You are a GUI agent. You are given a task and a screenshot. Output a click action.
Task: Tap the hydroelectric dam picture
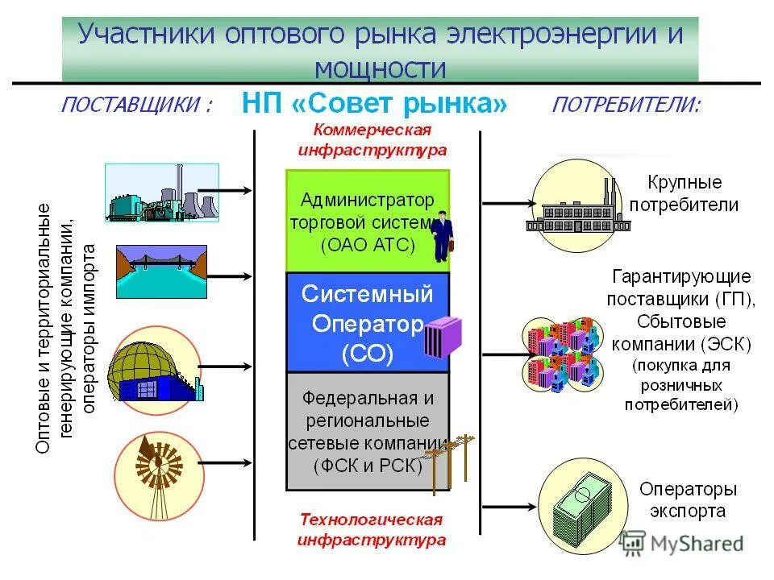(x=161, y=271)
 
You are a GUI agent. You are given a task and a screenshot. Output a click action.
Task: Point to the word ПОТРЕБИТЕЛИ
(x=626, y=106)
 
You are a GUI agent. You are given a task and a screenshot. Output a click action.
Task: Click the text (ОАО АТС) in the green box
(x=368, y=244)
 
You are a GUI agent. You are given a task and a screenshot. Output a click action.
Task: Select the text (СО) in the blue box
(x=368, y=354)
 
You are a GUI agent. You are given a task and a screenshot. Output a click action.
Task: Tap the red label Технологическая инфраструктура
(x=371, y=529)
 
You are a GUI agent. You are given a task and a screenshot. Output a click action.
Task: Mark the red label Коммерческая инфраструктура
(x=372, y=139)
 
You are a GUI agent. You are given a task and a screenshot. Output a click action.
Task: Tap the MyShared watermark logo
(x=681, y=543)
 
